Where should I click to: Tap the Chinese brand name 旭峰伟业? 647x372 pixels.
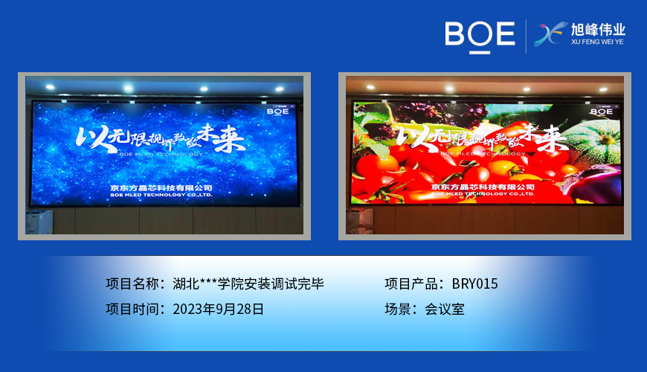[598, 30]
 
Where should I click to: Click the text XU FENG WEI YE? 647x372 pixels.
[597, 43]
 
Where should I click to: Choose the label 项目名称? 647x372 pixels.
[132, 284]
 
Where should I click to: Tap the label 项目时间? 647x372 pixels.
[132, 309]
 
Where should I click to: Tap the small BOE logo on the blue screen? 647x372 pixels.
[279, 112]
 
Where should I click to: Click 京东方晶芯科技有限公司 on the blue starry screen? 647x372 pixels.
[161, 187]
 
